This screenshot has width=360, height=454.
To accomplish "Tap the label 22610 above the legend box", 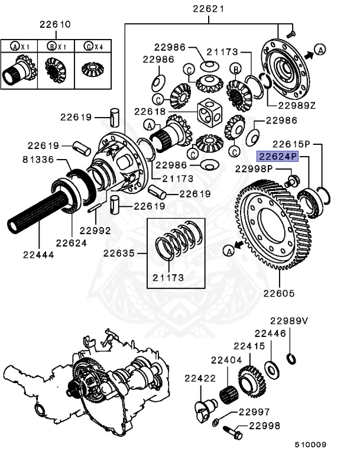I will [55, 24].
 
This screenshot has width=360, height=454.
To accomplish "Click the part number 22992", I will [95, 231].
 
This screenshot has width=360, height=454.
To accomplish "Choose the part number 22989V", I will [289, 320].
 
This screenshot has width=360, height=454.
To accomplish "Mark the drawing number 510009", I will [311, 445].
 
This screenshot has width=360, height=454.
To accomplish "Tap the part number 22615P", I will [291, 144].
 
